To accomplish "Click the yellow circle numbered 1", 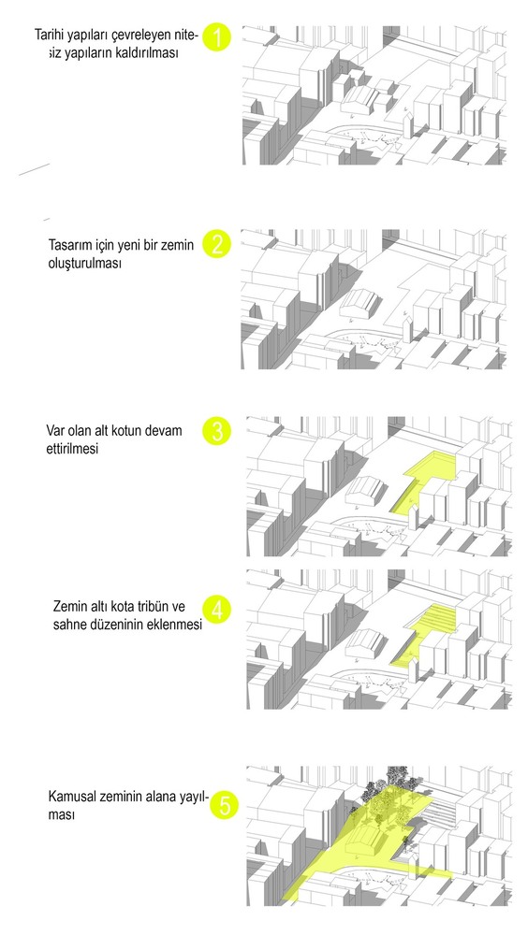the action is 217,37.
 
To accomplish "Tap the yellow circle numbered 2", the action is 217,244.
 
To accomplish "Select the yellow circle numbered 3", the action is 217,431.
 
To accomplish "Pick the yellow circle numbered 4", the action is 217,610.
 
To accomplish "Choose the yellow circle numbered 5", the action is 224,806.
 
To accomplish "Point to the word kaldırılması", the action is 150,52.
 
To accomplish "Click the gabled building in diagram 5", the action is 365,839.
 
